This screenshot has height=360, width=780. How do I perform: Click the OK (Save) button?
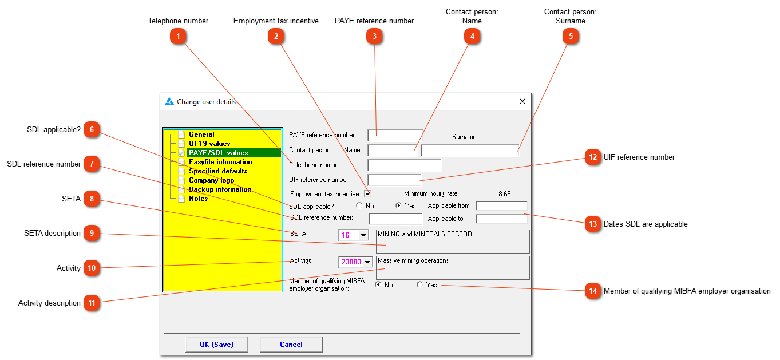click(217, 344)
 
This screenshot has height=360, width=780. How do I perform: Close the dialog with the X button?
click(522, 101)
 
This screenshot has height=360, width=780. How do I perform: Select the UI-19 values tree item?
click(209, 144)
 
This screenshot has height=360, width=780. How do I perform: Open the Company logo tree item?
click(211, 180)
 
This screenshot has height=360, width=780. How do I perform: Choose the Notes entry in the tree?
click(198, 199)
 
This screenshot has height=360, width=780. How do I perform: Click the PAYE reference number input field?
click(395, 136)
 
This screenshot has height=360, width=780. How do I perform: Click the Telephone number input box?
click(404, 165)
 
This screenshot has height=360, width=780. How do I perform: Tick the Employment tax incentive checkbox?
click(367, 193)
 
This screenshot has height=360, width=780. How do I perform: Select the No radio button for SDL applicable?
click(359, 205)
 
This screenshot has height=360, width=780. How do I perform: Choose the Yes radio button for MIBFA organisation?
click(420, 284)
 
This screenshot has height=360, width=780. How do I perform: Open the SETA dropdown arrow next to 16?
click(363, 235)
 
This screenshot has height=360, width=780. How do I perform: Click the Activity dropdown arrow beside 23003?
click(367, 262)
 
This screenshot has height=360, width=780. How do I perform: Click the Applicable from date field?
click(501, 205)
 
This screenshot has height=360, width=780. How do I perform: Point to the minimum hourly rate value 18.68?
click(502, 194)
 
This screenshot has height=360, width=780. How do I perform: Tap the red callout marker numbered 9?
click(92, 233)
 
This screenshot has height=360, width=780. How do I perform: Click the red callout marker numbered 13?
click(593, 224)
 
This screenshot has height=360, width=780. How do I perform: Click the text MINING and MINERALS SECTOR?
click(425, 234)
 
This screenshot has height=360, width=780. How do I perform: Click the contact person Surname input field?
click(469, 151)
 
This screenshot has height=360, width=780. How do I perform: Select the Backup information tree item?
click(220, 189)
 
